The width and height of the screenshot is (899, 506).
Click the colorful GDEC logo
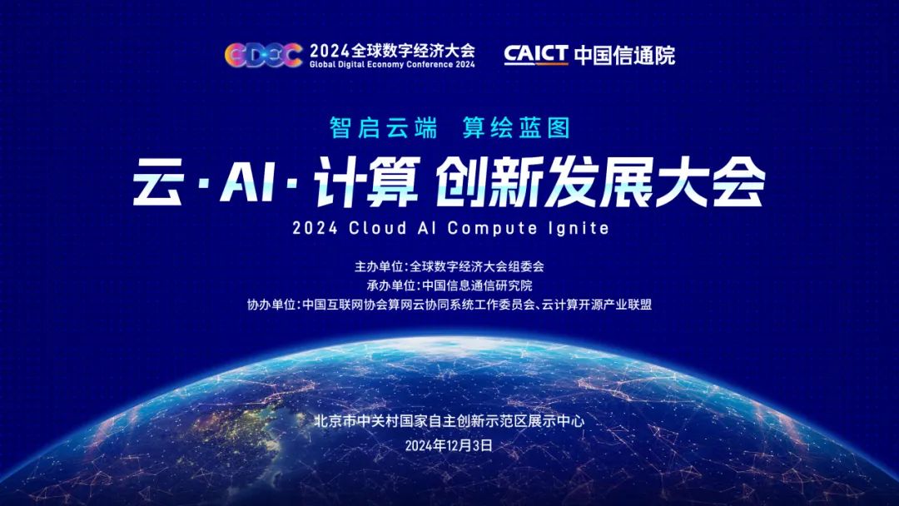point(264,56)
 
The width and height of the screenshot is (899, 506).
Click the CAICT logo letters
point(536,54)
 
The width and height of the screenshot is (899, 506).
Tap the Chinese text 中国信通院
point(624,55)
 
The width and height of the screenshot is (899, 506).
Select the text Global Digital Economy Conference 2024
point(392,65)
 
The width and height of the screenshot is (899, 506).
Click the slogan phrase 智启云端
point(384,127)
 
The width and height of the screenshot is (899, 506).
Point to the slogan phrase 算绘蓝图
point(516,127)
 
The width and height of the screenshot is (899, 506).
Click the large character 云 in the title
point(159,181)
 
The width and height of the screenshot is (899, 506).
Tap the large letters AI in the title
point(247,183)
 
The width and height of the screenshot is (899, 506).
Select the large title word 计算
point(366,181)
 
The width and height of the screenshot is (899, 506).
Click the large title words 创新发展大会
point(599,181)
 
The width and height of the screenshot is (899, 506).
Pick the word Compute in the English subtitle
point(492,229)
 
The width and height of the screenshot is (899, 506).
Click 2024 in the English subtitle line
point(315,228)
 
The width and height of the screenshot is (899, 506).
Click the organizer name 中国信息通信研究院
point(478,285)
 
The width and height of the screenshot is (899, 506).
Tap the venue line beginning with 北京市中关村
point(449,421)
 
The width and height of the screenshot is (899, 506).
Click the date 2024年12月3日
point(449,446)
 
